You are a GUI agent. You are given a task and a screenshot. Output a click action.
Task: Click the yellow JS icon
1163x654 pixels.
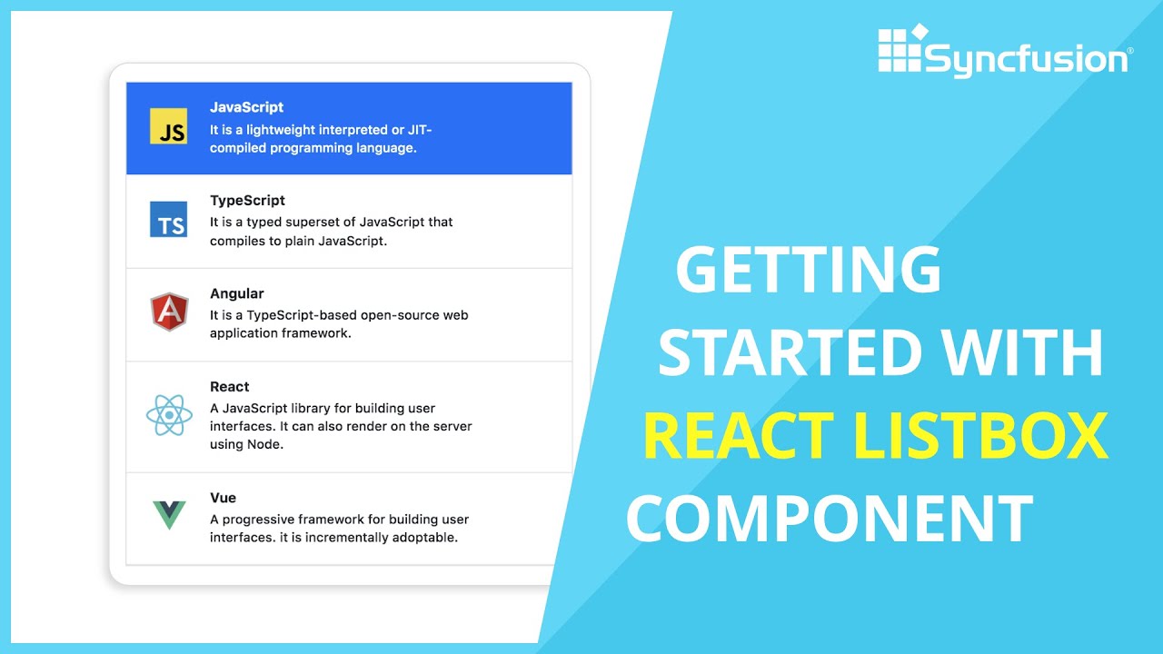pos(168,126)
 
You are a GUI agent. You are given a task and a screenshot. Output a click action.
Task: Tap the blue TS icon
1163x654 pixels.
pos(168,219)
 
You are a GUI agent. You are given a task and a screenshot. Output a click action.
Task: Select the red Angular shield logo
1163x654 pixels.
pos(169,312)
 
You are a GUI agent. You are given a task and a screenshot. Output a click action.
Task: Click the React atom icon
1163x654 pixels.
pos(169,415)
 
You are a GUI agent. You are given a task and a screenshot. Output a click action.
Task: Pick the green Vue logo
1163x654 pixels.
pos(169,514)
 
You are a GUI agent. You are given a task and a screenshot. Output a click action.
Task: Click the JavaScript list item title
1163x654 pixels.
pos(246,107)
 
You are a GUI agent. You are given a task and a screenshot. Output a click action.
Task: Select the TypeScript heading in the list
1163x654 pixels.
pos(247,201)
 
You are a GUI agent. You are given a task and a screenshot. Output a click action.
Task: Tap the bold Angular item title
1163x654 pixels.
pos(236,293)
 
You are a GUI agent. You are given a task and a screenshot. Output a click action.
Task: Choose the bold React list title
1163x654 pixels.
pos(229,387)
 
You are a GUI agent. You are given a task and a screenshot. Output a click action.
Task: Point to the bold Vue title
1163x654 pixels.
pos(223,498)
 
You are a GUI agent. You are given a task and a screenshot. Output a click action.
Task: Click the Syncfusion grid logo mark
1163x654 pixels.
pos(900,50)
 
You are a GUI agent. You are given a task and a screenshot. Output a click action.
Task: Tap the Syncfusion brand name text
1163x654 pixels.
pos(1027,60)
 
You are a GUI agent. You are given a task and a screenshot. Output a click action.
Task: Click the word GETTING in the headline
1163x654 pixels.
pos(808,270)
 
